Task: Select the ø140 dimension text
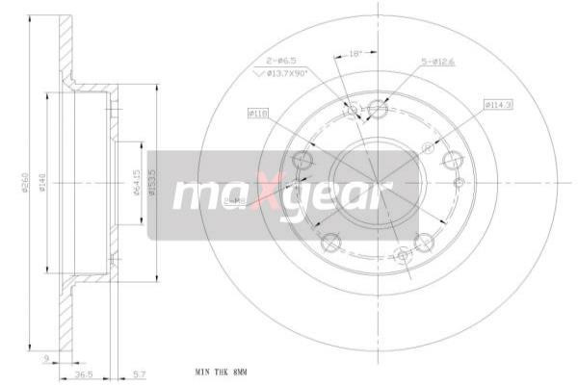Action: click(42, 182)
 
